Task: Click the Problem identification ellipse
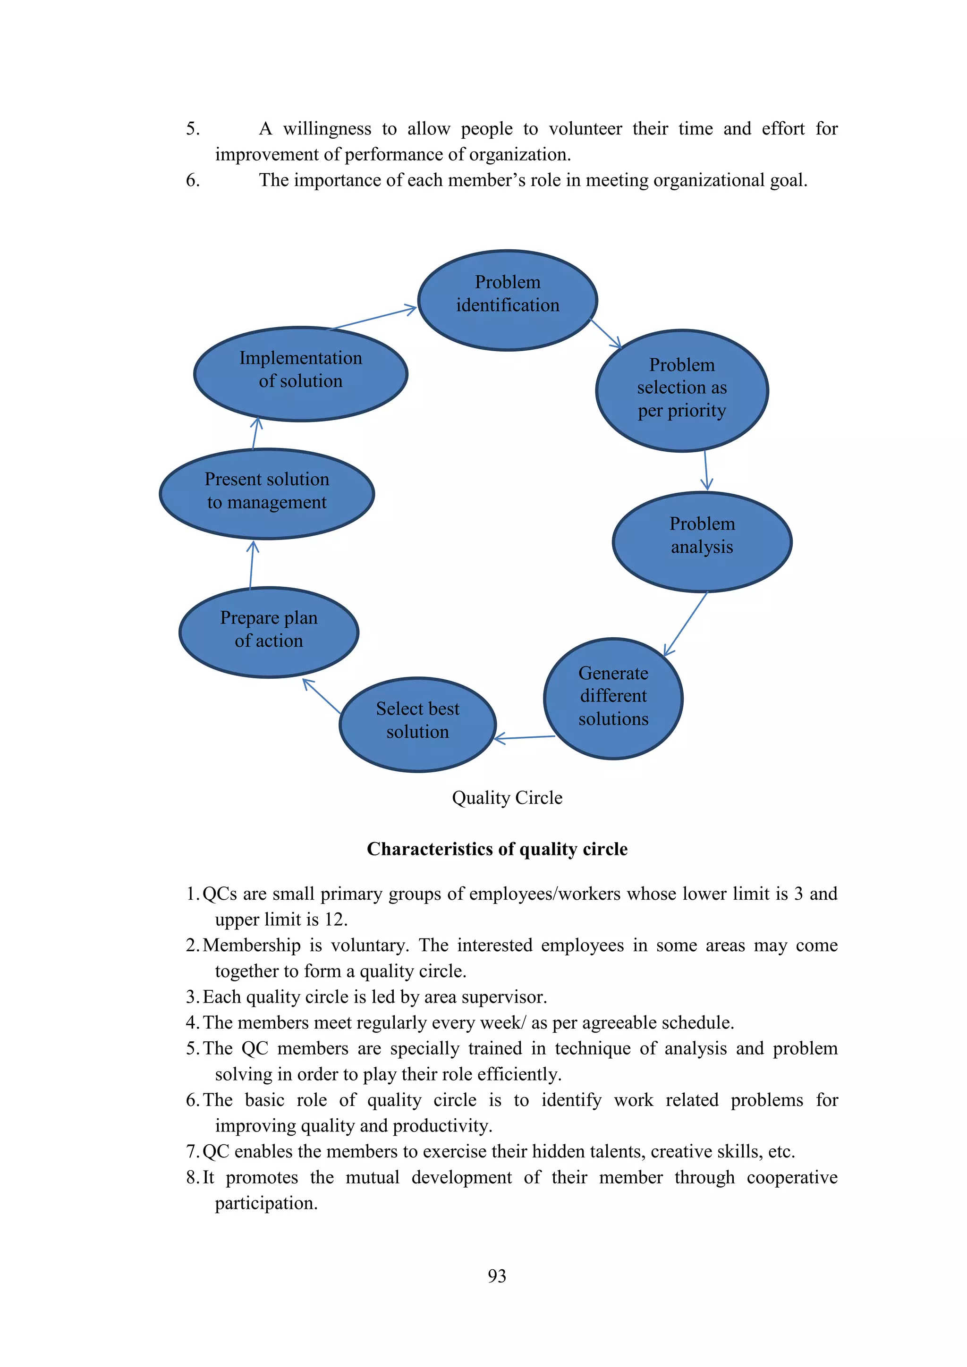coord(507,300)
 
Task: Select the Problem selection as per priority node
coord(682,390)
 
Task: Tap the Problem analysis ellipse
coord(702,542)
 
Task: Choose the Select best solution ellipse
coord(417,725)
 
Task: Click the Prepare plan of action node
coord(269,632)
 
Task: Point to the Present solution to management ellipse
coord(267,494)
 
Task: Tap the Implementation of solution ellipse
coord(301,374)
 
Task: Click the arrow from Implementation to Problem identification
coord(373,318)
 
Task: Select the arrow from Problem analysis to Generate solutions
coord(686,624)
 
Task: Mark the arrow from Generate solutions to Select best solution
coord(525,738)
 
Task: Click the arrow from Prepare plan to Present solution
coord(251,565)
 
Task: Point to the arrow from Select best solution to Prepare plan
coord(322,696)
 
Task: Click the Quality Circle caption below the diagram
coord(507,798)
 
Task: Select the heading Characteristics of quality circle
coord(497,849)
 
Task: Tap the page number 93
coord(497,1276)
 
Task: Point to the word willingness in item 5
coord(327,128)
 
